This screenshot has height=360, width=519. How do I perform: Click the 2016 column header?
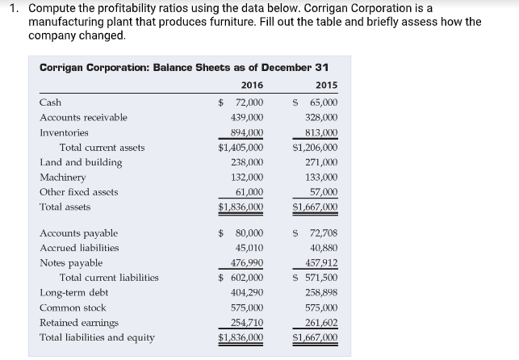click(x=252, y=86)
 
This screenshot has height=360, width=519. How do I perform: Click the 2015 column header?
click(x=327, y=86)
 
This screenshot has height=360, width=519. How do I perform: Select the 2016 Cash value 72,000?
click(x=249, y=103)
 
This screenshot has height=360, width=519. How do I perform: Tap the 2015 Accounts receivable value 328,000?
click(x=321, y=118)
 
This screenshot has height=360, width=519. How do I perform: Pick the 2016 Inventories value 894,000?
click(x=246, y=132)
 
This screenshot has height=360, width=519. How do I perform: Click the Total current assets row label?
click(x=102, y=148)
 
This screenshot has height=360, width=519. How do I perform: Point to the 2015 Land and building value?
click(x=321, y=162)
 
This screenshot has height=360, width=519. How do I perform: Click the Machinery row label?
click(x=62, y=178)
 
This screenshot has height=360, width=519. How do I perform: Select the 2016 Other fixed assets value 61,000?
click(x=249, y=192)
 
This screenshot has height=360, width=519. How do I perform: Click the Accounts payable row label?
click(x=78, y=233)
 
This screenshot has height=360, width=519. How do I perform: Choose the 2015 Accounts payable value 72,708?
click(x=321, y=233)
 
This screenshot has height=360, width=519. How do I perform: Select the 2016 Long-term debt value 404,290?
click(x=246, y=292)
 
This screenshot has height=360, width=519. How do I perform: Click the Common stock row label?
click(x=73, y=308)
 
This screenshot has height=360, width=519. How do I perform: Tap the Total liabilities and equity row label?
click(x=97, y=337)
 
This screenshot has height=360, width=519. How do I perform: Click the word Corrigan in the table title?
click(x=64, y=66)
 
